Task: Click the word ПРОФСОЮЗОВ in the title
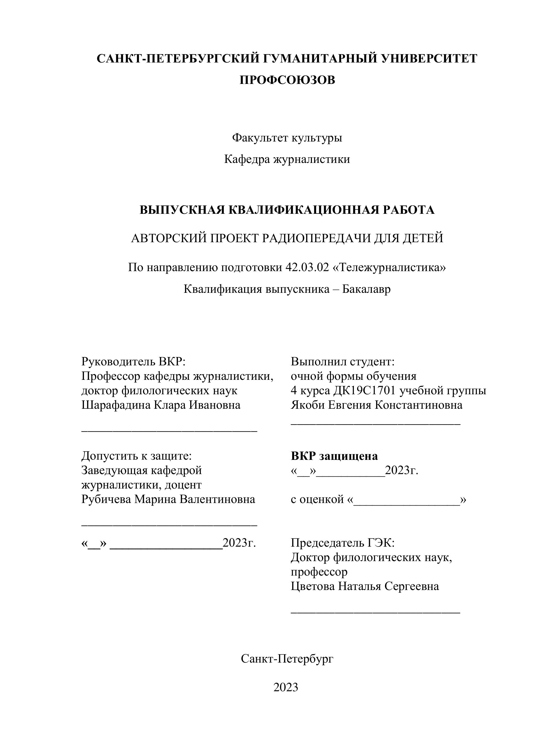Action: (x=287, y=80)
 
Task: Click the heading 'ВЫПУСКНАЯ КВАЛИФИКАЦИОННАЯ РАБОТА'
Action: (x=287, y=210)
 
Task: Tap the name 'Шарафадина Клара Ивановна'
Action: (x=161, y=405)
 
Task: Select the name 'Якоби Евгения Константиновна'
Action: (x=376, y=405)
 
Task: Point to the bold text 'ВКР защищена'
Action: (x=334, y=456)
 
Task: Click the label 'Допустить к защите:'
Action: (x=136, y=456)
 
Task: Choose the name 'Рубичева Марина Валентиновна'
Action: (x=168, y=499)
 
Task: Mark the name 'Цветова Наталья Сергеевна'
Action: (x=365, y=586)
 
